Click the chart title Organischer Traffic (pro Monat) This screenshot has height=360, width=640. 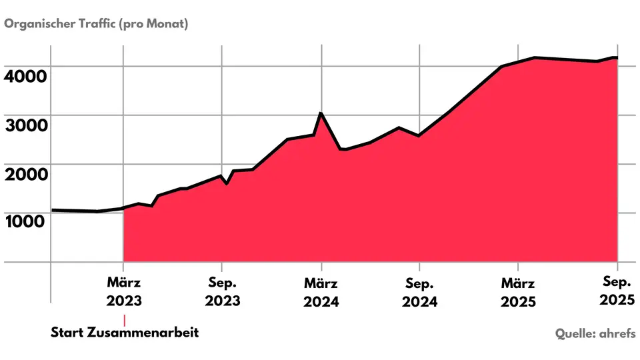click(96, 24)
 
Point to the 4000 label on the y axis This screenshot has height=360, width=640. click(25, 76)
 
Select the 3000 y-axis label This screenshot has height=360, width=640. click(26, 125)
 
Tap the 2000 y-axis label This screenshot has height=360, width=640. click(26, 174)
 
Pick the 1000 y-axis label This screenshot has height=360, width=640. click(25, 221)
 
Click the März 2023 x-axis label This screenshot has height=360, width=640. click(124, 292)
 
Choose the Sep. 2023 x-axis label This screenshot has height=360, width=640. click(223, 292)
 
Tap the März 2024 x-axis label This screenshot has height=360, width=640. click(321, 292)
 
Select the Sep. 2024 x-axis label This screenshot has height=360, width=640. click(419, 292)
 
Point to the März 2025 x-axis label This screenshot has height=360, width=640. click(519, 292)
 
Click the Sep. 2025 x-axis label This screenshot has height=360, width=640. click(617, 291)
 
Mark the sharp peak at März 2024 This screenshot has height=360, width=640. click(321, 113)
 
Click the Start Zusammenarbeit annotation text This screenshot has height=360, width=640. click(125, 332)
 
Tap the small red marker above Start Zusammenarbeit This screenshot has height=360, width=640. click(125, 321)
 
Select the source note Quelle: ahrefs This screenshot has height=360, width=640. click(595, 333)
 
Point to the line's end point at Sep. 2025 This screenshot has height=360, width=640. click(617, 58)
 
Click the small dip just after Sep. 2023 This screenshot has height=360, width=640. click(227, 184)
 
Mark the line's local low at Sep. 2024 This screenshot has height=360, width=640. click(419, 135)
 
